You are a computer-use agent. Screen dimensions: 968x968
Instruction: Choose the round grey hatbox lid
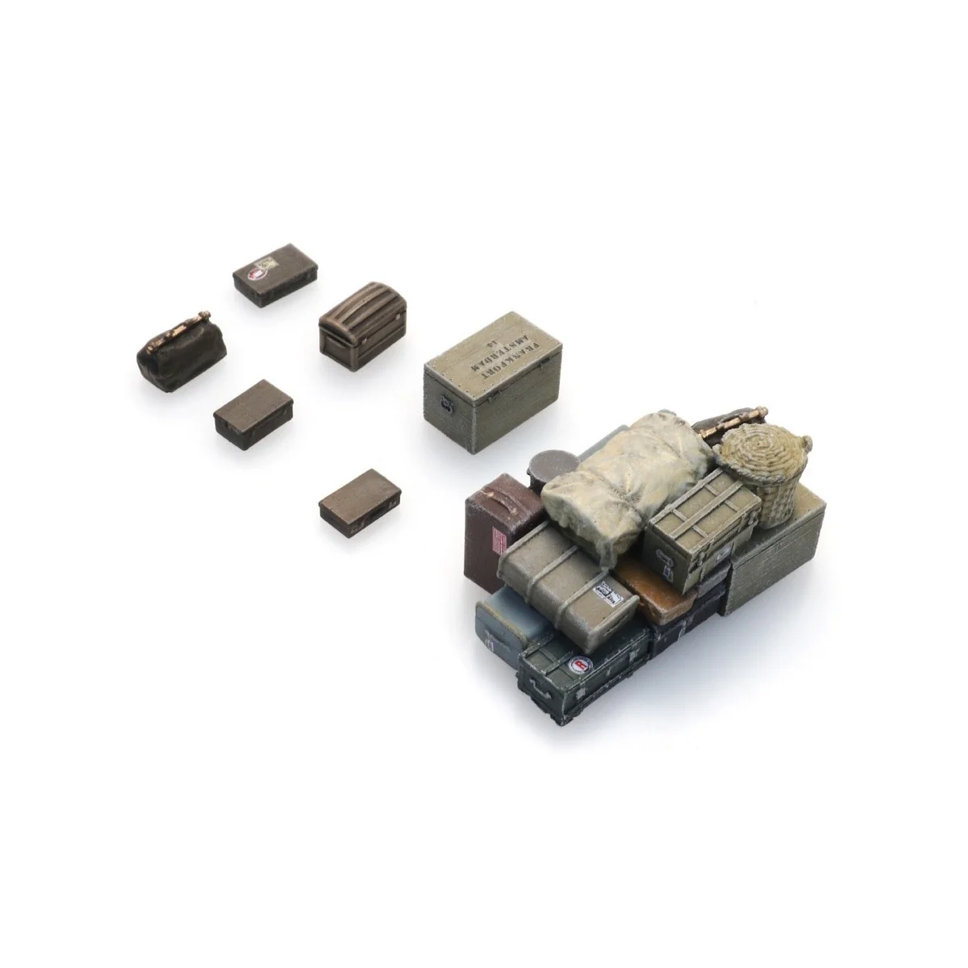click(x=551, y=463)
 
